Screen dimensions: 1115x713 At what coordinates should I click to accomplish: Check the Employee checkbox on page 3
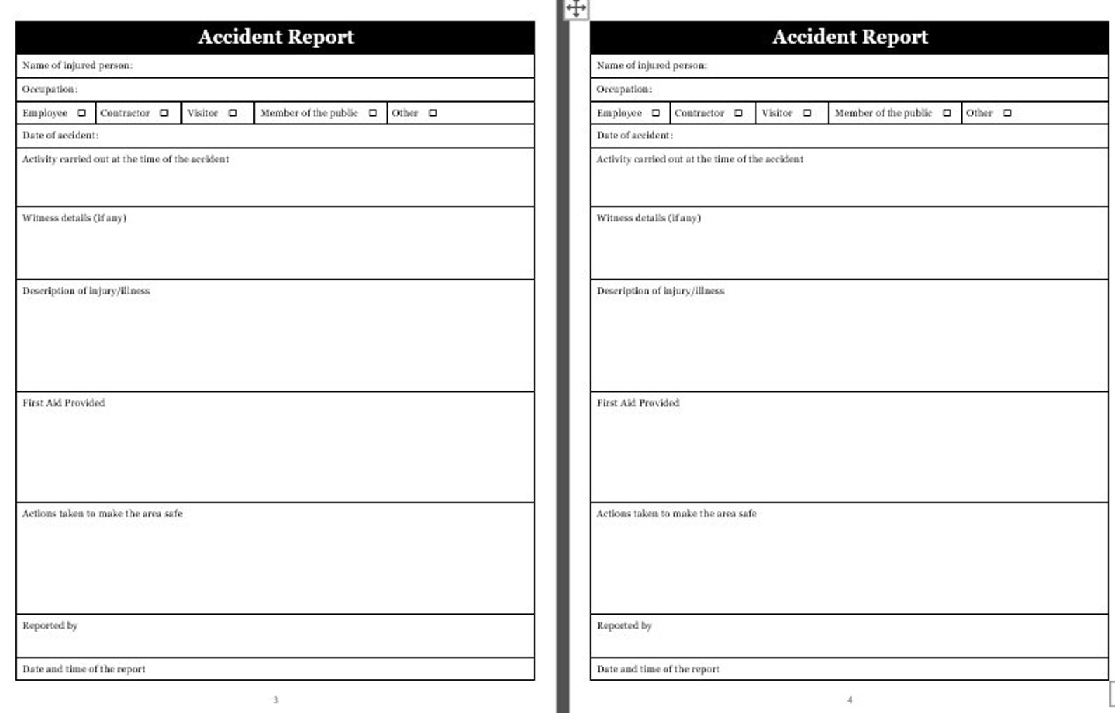(81, 112)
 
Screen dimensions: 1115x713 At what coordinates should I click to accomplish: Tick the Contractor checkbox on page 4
(738, 112)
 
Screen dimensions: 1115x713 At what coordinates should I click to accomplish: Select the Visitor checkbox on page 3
(232, 112)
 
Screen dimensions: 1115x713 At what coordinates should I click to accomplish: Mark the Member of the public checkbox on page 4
(946, 112)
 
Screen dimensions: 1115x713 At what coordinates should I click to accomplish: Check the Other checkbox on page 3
(433, 112)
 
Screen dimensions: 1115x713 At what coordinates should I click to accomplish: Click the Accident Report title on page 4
(850, 37)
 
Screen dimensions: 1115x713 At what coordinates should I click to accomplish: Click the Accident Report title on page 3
(275, 37)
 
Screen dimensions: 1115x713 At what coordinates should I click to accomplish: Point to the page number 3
(275, 700)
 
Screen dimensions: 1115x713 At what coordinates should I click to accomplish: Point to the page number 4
(850, 700)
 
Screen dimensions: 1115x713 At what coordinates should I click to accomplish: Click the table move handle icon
(576, 8)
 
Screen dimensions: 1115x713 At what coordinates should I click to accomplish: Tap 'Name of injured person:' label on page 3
(77, 65)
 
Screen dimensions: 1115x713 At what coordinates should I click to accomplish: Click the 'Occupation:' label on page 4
(624, 89)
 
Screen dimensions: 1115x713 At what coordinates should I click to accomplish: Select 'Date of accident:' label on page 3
(60, 135)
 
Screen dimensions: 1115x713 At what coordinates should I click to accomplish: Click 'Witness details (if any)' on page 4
(648, 218)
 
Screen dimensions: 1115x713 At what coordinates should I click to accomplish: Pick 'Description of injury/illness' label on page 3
(86, 291)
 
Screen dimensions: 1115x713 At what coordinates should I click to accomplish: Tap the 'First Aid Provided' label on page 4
(638, 403)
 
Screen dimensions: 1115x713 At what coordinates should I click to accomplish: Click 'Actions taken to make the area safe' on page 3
(102, 514)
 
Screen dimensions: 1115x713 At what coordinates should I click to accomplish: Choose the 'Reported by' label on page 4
(624, 625)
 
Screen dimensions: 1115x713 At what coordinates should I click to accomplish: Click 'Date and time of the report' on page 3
(84, 669)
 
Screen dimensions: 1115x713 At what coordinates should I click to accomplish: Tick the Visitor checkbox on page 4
(807, 112)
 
